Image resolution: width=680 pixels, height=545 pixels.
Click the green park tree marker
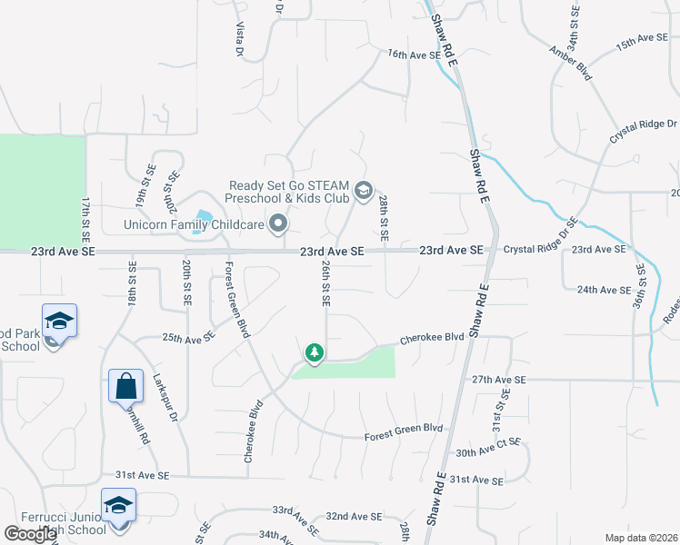pyautogui.click(x=315, y=352)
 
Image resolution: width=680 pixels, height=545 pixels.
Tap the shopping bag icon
pyautogui.click(x=125, y=385)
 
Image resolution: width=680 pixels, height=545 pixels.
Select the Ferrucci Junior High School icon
pyautogui.click(x=117, y=505)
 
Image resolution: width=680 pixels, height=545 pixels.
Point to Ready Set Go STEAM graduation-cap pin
pyautogui.click(x=364, y=189)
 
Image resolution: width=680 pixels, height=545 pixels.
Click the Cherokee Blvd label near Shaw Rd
pyautogui.click(x=432, y=337)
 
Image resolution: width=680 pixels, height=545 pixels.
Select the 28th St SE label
pyautogui.click(x=385, y=217)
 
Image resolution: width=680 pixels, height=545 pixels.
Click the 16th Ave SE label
pyautogui.click(x=414, y=54)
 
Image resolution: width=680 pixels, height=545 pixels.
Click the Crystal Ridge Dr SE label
pyautogui.click(x=541, y=236)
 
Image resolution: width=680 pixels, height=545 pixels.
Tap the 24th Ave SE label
pyautogui.click(x=604, y=290)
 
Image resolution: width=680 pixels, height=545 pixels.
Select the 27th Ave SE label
pyautogui.click(x=499, y=379)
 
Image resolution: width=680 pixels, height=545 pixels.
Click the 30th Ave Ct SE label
pyautogui.click(x=488, y=447)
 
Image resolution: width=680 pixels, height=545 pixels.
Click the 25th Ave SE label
pyautogui.click(x=188, y=337)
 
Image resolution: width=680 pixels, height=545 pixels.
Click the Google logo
pyautogui.click(x=30, y=534)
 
